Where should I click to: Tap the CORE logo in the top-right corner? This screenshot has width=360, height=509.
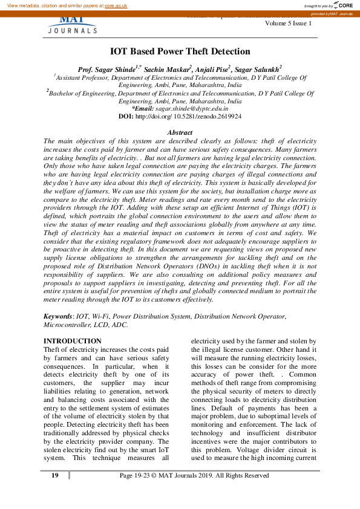click(342, 5)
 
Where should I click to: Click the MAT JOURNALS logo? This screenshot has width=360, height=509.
click(72, 26)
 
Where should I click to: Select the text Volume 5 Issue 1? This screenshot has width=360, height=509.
click(289, 23)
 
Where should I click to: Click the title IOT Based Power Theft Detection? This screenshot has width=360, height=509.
click(180, 52)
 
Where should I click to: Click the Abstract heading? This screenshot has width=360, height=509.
click(180, 132)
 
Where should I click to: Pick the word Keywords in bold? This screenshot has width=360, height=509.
click(57, 316)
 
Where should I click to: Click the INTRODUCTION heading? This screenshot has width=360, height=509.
click(73, 341)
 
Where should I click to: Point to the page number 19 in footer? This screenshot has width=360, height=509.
click(54, 476)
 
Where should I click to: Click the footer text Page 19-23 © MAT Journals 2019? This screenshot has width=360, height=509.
click(194, 476)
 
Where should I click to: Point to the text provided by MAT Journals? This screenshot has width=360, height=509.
click(335, 13)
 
